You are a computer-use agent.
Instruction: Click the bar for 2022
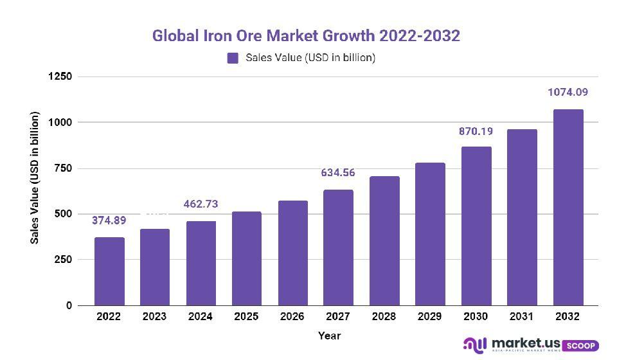pos(109,271)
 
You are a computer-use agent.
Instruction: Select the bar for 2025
pos(247,258)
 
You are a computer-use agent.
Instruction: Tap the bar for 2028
pos(384,240)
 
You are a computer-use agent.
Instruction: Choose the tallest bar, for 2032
pos(568,207)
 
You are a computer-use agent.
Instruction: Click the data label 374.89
pos(109,221)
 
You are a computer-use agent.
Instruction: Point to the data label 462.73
pos(201,204)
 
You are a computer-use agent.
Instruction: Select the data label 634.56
pos(338,173)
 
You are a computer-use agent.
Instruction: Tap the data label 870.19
pos(476,132)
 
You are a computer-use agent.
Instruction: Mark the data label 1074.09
pos(568,93)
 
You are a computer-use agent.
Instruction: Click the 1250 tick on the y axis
pos(60,76)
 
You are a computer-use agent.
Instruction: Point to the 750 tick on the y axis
pos(63,168)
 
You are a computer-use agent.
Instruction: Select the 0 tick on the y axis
pos(69,305)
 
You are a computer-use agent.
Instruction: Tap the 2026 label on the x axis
pos(292,316)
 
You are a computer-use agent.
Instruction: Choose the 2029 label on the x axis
pos(430,316)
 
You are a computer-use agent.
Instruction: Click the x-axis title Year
pos(329,336)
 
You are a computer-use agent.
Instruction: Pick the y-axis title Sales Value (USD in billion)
pos(35,179)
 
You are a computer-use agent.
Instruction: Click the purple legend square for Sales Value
pos(233,58)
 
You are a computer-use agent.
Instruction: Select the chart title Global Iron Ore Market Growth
pos(306,35)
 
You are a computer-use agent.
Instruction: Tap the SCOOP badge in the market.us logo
pos(581,345)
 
